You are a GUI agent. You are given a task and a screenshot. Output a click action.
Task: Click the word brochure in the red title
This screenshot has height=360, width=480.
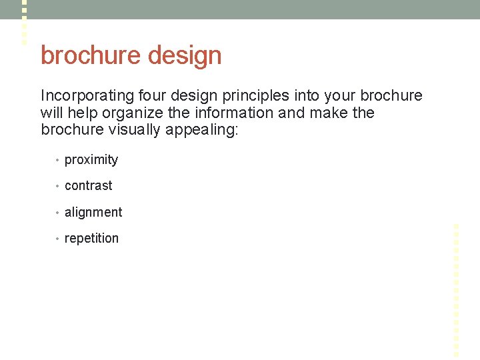[91, 55]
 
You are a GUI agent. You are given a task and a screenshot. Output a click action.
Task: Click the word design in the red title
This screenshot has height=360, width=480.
[185, 55]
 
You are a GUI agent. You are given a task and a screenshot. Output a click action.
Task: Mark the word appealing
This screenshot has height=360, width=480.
[199, 130]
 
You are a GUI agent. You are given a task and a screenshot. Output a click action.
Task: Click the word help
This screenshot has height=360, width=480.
[81, 113]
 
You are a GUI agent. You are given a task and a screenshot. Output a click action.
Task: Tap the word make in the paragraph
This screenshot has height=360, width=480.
[327, 113]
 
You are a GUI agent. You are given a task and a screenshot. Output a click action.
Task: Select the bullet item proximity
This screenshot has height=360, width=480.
[91, 160]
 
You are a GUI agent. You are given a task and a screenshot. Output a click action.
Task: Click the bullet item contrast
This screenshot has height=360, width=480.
[89, 186]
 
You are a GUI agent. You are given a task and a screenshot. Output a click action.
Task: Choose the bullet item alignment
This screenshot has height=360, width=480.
[93, 213]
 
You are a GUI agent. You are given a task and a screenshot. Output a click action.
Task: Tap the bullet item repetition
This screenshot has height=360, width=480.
[91, 239]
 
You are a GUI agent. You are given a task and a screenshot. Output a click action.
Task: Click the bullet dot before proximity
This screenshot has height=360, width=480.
[58, 161]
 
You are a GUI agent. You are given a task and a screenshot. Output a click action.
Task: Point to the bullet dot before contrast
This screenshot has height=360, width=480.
[58, 187]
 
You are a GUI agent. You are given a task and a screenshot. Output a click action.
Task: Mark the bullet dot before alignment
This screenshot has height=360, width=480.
[58, 213]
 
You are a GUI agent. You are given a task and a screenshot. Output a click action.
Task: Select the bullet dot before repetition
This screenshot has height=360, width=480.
[58, 239]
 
